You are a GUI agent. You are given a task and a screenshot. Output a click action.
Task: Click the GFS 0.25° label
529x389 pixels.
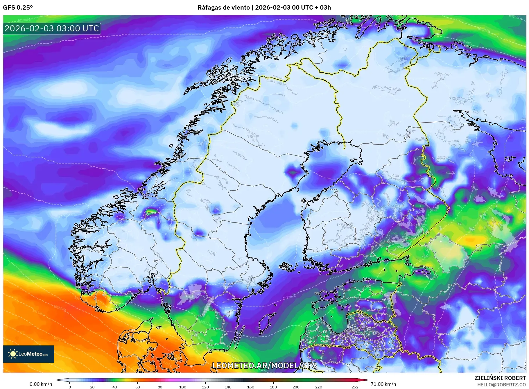point(18,8)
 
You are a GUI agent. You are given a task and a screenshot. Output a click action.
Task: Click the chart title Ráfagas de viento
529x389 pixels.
point(264,8)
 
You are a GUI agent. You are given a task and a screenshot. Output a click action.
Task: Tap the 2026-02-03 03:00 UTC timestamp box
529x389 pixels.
point(52,28)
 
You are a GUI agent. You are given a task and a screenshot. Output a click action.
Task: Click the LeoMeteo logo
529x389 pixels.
point(28,354)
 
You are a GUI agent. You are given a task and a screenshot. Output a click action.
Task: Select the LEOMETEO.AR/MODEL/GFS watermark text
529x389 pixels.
point(264,365)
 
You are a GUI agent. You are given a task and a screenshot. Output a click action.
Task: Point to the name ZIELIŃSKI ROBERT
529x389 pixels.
point(500,378)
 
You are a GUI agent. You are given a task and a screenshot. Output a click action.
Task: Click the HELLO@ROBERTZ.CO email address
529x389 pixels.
point(501,385)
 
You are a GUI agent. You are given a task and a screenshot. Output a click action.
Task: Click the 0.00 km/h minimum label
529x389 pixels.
point(41,384)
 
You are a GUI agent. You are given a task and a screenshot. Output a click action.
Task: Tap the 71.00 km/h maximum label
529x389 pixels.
point(383,384)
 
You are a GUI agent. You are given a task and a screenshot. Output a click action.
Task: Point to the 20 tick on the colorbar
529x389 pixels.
point(92,387)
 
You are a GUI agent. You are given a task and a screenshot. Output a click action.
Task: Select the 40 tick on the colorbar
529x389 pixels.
point(115,387)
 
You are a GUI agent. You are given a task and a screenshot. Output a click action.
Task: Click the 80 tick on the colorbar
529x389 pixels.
point(160,387)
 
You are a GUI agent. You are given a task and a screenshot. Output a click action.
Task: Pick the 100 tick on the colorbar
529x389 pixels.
point(183,387)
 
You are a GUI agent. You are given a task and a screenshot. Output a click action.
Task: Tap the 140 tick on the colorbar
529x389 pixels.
point(228,387)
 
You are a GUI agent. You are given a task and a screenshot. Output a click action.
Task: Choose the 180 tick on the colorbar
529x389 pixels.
point(273,387)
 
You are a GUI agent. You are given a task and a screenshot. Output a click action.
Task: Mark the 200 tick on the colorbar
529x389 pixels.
point(296,387)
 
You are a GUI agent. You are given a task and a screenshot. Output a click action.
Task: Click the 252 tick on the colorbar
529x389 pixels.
point(355,387)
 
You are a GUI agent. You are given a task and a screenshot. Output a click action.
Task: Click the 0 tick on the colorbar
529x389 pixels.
point(70,387)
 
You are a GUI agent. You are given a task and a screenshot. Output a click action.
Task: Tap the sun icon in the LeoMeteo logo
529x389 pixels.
point(13,354)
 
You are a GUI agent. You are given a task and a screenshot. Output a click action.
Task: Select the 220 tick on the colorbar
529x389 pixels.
point(319,387)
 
